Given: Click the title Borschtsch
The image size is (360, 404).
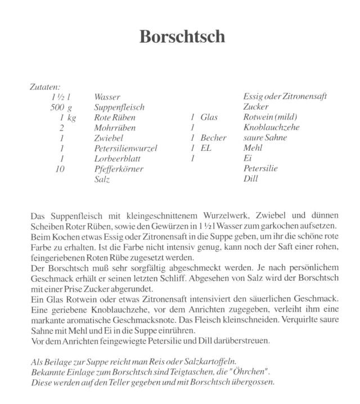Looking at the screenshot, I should [182, 37].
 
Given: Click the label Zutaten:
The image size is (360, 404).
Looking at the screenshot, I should [44, 87].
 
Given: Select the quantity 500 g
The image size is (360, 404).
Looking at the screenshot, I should [62, 107].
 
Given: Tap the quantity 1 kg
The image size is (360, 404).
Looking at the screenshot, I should [67, 118].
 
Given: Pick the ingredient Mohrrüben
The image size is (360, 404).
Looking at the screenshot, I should [115, 128].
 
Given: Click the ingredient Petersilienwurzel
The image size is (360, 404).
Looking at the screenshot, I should [125, 149].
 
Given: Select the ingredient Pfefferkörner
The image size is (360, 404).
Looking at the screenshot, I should [119, 169].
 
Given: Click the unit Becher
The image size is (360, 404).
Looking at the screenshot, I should [213, 138].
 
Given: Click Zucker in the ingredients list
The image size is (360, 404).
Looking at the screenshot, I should [255, 107].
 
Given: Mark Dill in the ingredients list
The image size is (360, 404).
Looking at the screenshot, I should [250, 179].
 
